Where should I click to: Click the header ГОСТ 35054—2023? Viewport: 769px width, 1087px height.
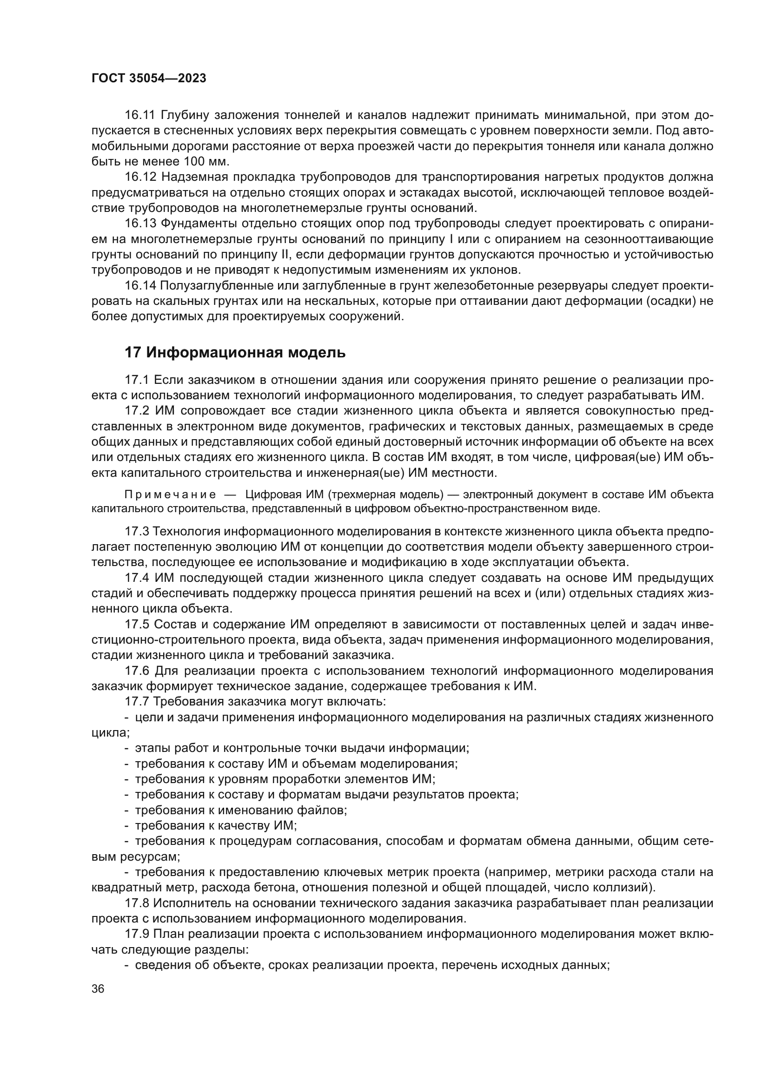pos(149,79)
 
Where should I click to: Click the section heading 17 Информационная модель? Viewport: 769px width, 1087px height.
pos(235,353)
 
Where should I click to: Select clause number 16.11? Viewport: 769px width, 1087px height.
pos(139,115)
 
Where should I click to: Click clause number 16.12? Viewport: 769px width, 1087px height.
pos(140,177)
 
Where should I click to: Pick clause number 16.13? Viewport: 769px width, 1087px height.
pos(140,223)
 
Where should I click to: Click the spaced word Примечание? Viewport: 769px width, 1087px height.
pos(170,495)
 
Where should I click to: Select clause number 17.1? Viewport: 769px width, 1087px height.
pos(137,380)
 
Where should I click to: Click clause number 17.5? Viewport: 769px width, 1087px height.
pos(137,625)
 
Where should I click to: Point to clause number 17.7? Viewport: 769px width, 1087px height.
pos(137,702)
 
